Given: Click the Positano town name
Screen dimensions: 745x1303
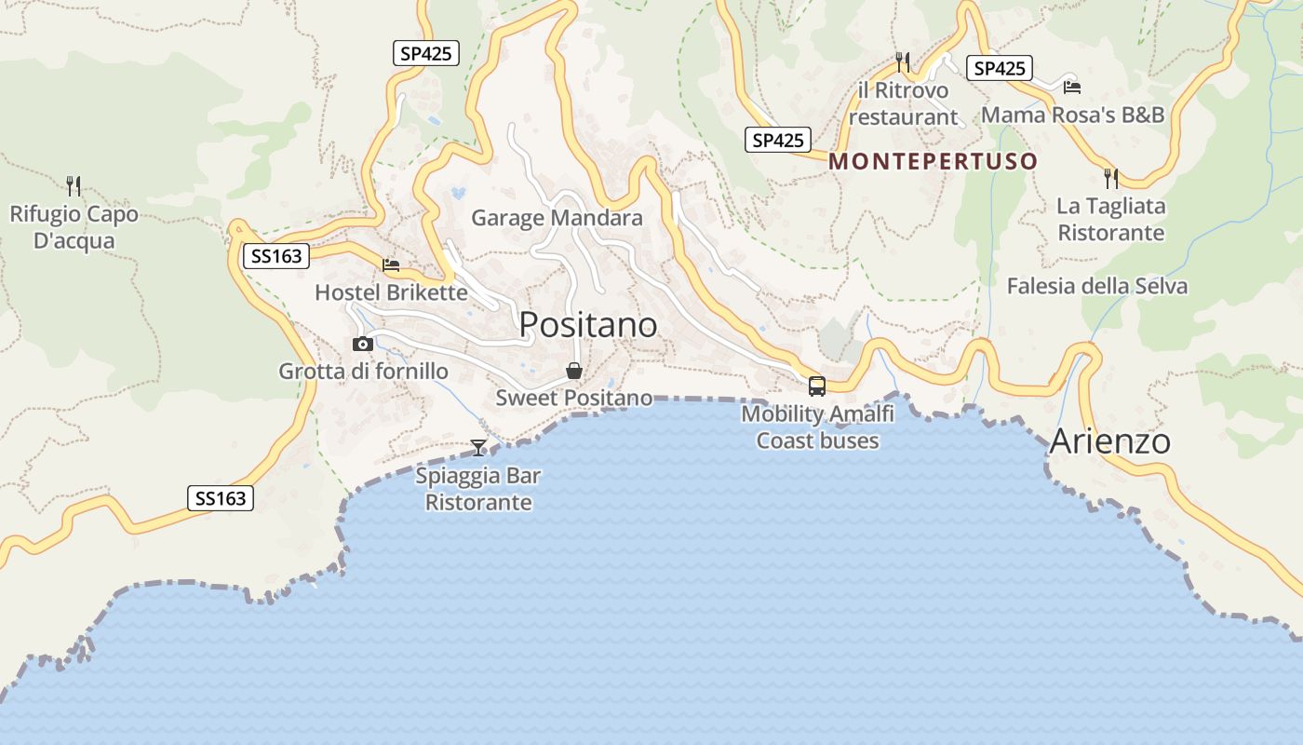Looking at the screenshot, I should (x=587, y=324).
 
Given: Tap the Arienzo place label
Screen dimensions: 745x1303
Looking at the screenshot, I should (x=1109, y=440).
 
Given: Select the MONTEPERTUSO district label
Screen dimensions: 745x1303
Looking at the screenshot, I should (x=933, y=161).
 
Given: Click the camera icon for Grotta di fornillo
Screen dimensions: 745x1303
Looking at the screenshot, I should (x=363, y=344).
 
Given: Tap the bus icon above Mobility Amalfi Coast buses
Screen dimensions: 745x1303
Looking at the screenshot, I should (x=816, y=386).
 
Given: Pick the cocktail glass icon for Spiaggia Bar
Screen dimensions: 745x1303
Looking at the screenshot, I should (x=477, y=448).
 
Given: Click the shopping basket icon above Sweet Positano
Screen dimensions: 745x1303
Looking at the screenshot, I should (x=574, y=371).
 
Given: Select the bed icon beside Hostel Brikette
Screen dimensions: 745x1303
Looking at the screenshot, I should (x=391, y=265).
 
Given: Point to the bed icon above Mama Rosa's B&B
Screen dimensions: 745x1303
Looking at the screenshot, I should (x=1072, y=87).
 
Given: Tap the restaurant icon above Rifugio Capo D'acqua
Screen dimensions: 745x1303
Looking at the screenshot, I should (x=74, y=185).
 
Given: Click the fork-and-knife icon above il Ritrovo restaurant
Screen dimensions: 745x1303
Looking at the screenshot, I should (x=902, y=62).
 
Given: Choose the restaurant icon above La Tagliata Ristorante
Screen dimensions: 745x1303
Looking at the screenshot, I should (x=1110, y=178).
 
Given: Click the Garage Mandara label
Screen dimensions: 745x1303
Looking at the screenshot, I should (x=557, y=218).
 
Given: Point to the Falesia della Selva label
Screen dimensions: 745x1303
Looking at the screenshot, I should (x=1096, y=286).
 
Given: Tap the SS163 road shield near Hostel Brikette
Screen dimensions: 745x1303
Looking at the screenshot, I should (x=276, y=256).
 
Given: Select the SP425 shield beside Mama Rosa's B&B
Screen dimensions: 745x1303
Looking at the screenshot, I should (x=1000, y=68).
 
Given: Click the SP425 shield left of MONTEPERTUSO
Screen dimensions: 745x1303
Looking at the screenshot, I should (x=777, y=141).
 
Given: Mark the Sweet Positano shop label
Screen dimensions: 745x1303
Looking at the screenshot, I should (x=573, y=398).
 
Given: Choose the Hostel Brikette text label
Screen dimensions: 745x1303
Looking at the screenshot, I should (x=391, y=292).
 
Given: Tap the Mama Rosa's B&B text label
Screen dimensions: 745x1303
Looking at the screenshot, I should (x=1072, y=115).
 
